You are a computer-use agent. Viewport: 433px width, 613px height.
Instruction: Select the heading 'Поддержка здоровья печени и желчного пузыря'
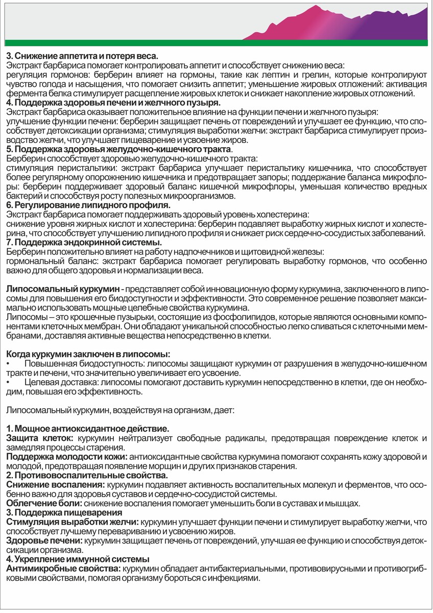(x=113, y=103)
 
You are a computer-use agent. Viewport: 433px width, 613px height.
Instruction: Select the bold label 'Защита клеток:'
(x=39, y=438)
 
